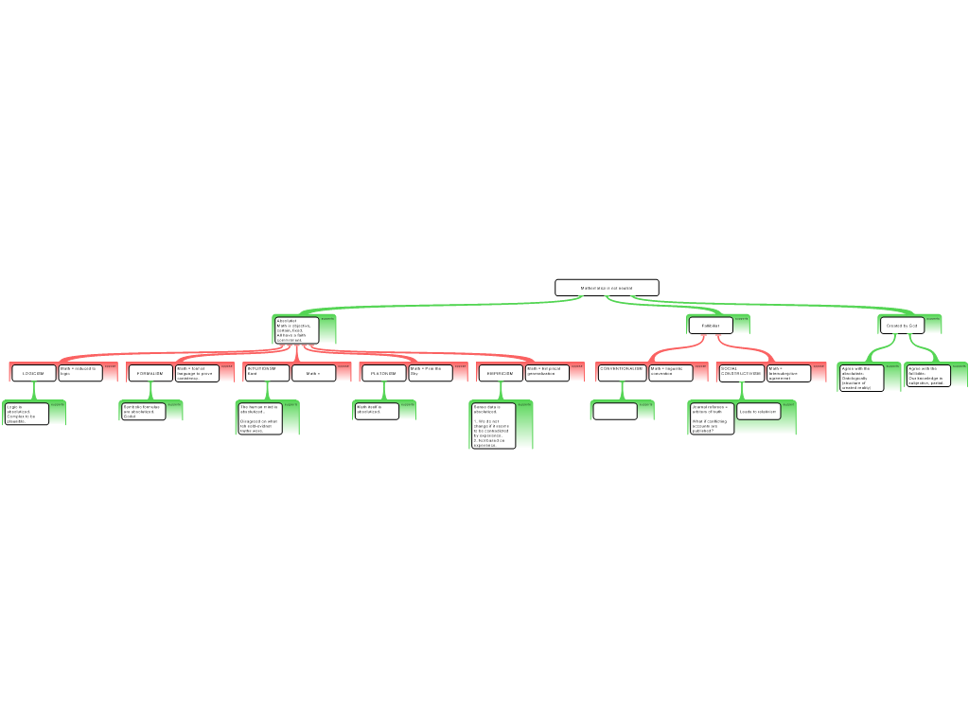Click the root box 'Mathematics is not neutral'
click(x=607, y=288)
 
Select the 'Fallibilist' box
click(x=711, y=326)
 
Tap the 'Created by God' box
click(x=902, y=326)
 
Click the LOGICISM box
click(x=34, y=374)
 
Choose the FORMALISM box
click(x=150, y=374)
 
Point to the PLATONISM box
click(x=383, y=374)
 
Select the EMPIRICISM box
click(x=501, y=374)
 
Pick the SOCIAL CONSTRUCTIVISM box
click(x=741, y=373)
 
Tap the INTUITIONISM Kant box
click(x=266, y=372)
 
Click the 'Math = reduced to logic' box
click(x=80, y=372)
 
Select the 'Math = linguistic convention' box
click(x=671, y=372)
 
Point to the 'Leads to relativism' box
click(x=759, y=412)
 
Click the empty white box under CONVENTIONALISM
click(x=615, y=411)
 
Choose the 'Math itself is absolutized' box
click(x=376, y=410)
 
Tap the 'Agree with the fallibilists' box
click(x=927, y=375)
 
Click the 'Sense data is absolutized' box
click(x=494, y=425)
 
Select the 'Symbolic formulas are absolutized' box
click(x=143, y=411)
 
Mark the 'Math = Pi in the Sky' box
click(x=430, y=372)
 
